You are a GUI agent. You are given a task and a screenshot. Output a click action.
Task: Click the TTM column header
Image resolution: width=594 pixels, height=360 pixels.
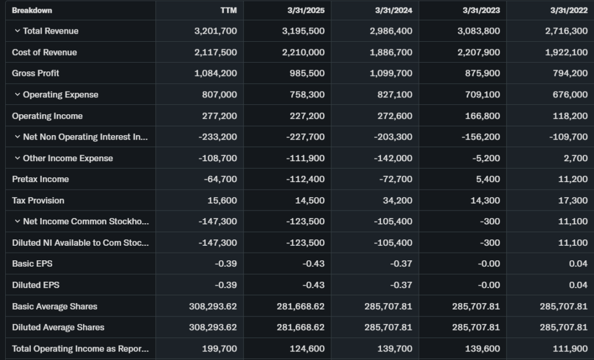click(228, 10)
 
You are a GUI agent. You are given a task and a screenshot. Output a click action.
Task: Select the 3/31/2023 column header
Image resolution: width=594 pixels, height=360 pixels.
click(481, 10)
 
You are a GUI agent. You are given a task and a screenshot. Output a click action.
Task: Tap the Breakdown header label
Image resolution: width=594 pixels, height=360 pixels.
click(32, 10)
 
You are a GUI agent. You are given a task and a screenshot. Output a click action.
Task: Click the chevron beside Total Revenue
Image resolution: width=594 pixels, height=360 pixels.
click(17, 31)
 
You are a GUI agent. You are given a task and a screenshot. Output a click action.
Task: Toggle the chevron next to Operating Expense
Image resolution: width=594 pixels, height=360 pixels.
click(17, 94)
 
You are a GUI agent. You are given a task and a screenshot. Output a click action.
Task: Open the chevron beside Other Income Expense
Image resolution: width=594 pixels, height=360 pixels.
click(17, 158)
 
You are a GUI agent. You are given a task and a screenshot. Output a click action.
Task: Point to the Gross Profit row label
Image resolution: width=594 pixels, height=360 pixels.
click(35, 73)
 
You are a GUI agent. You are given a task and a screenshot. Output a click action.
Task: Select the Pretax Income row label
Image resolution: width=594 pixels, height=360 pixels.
click(40, 179)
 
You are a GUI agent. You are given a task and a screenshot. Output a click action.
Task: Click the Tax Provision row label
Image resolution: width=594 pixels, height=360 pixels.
click(38, 201)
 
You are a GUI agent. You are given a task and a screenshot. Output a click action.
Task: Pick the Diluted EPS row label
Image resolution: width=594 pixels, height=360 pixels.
click(35, 285)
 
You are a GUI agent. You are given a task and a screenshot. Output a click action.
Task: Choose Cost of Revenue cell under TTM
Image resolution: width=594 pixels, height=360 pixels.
click(215, 52)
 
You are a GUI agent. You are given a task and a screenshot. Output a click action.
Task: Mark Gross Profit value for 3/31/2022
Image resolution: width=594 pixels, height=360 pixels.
click(570, 73)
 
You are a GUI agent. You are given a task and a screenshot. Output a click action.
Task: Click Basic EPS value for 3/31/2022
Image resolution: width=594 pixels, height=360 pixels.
click(578, 264)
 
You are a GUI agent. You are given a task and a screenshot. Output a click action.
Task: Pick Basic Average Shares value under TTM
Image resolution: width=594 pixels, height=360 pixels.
click(213, 306)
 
